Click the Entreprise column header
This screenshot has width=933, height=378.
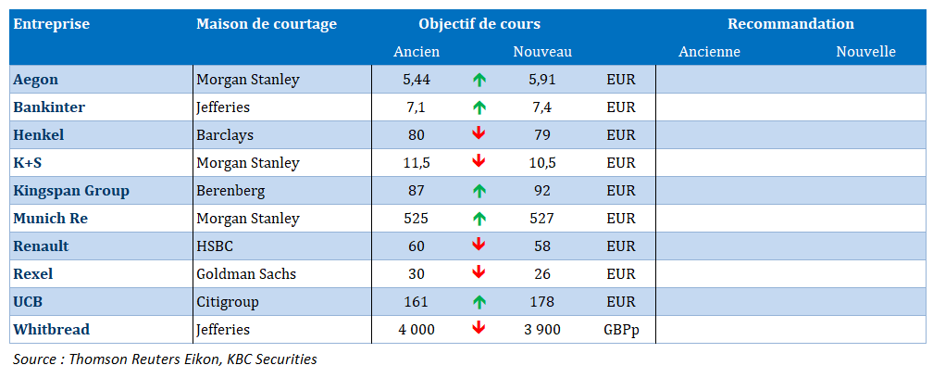tap(52, 24)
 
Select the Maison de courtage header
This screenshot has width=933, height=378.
tap(267, 24)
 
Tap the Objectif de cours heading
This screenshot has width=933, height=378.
tap(479, 24)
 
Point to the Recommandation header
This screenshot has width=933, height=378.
tap(790, 24)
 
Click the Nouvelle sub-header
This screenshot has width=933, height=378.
tap(865, 52)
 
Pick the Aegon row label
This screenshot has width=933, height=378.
tap(36, 80)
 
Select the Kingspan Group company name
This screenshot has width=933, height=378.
tap(71, 191)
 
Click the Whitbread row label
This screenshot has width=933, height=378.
tap(52, 329)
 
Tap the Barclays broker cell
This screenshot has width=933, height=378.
tap(225, 135)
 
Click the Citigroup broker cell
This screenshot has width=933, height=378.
tap(228, 302)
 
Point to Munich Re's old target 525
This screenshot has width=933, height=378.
tap(417, 219)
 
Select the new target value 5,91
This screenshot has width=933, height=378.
tap(542, 80)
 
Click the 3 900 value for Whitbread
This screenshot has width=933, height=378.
tap(542, 329)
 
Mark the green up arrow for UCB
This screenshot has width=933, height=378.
tap(479, 302)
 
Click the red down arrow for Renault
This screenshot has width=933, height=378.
tap(479, 246)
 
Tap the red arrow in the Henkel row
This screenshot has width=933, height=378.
tap(479, 134)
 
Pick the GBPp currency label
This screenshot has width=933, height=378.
tap(621, 329)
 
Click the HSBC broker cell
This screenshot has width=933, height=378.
tap(215, 246)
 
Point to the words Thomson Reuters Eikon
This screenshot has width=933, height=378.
tap(145, 359)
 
